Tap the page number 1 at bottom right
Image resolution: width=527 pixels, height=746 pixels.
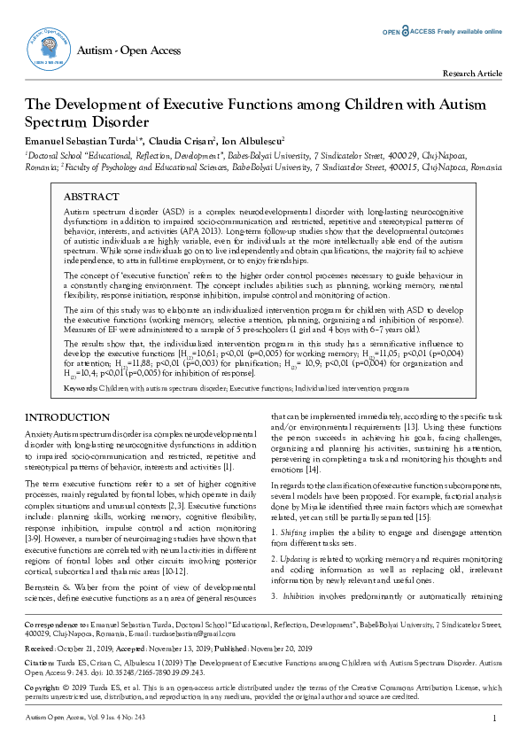tap(493, 718)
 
